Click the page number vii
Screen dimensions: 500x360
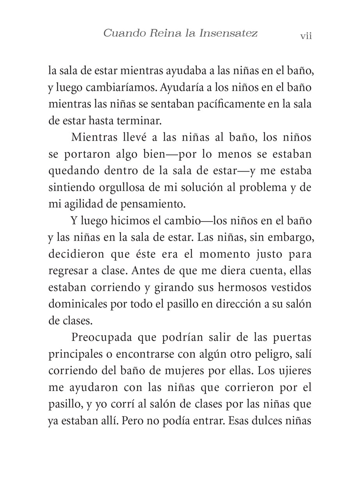(x=306, y=36)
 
